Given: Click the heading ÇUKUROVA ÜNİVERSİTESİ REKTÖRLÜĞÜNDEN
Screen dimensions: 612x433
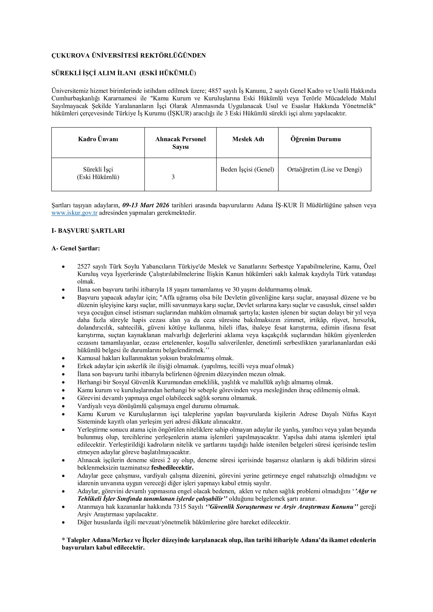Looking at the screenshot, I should tap(128, 55).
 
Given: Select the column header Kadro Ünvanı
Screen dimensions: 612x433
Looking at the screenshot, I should tap(98, 139).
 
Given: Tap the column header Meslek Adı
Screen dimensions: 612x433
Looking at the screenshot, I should tap(248, 139).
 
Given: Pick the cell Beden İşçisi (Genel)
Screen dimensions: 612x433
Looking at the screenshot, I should tap(247, 170).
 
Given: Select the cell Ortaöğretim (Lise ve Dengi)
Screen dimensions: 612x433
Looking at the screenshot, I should tap(324, 170).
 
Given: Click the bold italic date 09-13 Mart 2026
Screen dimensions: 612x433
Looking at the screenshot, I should tap(146, 206).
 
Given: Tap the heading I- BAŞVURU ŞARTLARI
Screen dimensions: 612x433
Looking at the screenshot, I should tap(88, 231).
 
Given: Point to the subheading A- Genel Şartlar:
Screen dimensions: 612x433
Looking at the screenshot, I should tap(76, 248).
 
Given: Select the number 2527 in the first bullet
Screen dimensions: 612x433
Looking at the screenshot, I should tap(84, 266).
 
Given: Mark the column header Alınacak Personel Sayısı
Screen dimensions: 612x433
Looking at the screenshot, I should tap(180, 143).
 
